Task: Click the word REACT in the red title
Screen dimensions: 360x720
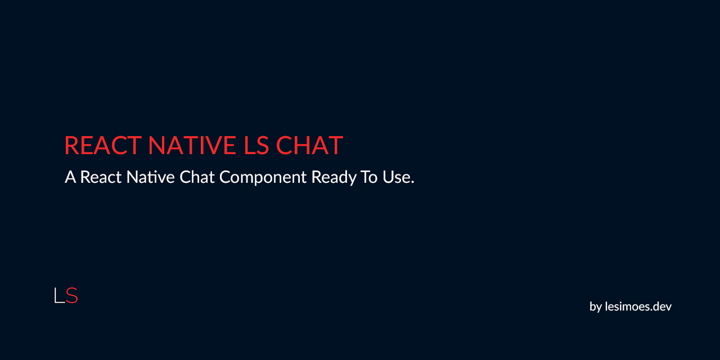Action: (102, 145)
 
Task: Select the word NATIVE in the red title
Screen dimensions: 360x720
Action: (192, 145)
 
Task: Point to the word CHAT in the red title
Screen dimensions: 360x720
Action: (309, 145)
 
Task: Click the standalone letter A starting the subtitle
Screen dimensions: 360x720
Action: (70, 177)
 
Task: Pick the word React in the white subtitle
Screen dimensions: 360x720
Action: (100, 177)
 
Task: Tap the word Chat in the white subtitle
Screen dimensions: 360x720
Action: (197, 177)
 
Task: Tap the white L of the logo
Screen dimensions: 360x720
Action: (58, 295)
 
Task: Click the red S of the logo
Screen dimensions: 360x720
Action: (71, 295)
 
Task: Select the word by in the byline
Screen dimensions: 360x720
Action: (596, 307)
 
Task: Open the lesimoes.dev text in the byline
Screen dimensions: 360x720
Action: (638, 307)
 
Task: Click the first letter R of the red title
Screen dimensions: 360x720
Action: (71, 145)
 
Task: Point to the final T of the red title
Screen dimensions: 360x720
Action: (336, 145)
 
